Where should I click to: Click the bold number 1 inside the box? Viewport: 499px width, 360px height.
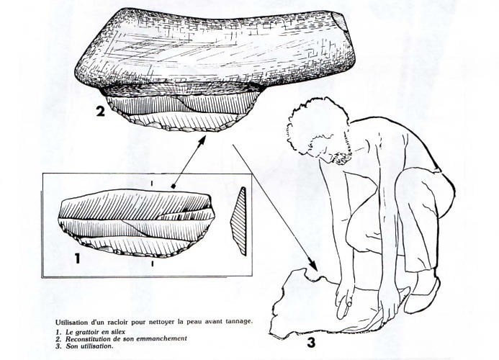(77, 258)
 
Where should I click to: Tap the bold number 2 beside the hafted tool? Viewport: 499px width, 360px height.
(100, 111)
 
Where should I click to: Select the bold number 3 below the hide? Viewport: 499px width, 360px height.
(311, 343)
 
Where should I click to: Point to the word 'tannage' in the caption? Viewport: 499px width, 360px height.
(240, 321)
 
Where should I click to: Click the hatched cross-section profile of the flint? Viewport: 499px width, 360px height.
(239, 221)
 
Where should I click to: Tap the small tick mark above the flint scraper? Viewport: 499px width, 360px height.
(152, 184)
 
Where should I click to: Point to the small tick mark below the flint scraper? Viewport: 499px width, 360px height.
(153, 264)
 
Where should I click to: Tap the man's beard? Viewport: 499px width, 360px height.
(341, 156)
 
